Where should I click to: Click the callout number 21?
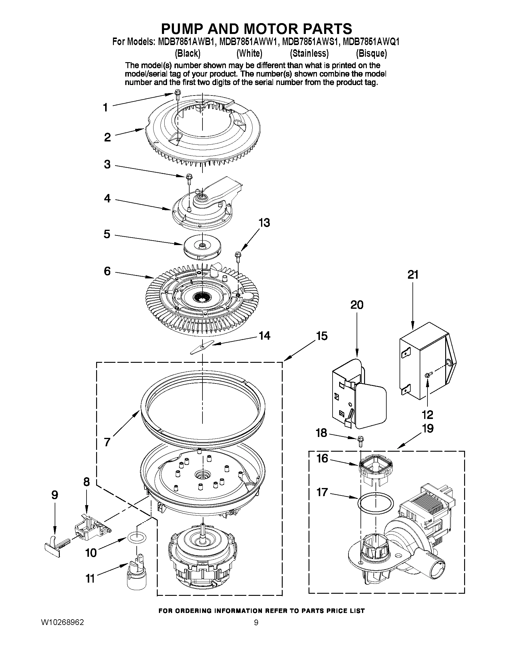(413, 275)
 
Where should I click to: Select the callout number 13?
(264, 223)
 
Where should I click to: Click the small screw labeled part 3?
(189, 179)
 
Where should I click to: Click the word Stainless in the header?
(309, 53)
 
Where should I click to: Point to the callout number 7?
(107, 442)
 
